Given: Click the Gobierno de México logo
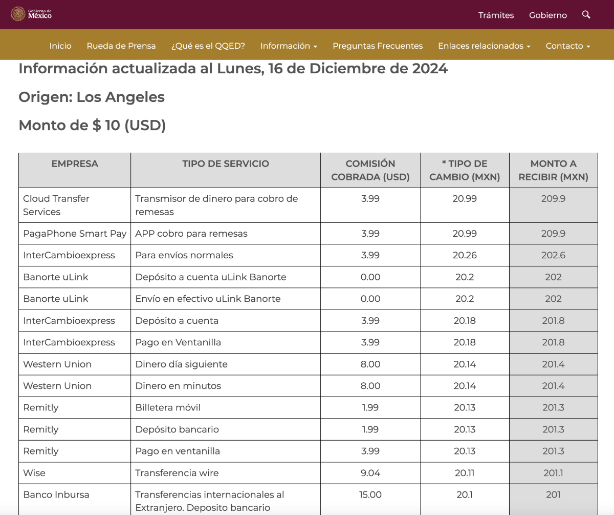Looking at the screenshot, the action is point(31,14).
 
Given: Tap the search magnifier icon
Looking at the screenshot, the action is point(586,14).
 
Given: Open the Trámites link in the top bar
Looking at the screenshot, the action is point(496,15).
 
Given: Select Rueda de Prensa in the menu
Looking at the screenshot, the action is point(121,46).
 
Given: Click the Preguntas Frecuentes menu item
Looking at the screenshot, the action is point(378,46).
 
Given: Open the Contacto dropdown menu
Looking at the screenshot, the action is point(568,46).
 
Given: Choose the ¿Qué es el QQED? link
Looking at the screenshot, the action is point(208,46).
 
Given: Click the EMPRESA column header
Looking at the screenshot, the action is point(75,163).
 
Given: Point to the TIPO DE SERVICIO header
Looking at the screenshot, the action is point(226,163).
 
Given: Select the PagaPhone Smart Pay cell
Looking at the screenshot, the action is point(75,234).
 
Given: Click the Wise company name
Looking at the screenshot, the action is point(34,473).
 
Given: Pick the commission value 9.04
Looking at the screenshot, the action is point(370,473).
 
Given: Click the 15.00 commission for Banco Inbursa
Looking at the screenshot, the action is point(370,495).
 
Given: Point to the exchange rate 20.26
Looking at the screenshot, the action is point(465,255).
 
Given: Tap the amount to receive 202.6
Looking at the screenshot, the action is point(553,255).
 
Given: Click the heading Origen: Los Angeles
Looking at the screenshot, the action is point(92,97).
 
